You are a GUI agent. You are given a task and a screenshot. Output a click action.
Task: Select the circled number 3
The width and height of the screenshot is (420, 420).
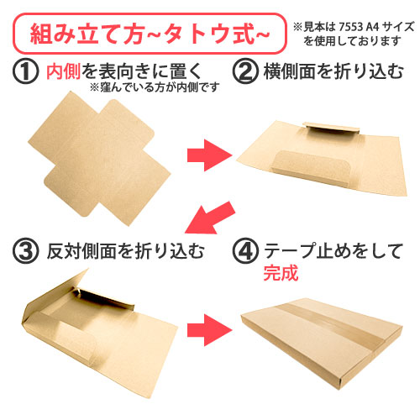pos(28,250)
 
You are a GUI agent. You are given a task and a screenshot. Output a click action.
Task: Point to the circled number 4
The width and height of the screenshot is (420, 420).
pos(242,250)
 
